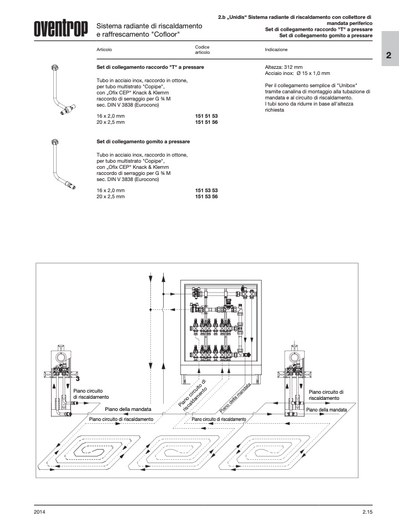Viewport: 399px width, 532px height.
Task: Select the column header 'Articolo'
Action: (x=104, y=49)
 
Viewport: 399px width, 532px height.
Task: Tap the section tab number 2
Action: (x=389, y=56)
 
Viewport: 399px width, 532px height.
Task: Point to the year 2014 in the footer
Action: (x=39, y=511)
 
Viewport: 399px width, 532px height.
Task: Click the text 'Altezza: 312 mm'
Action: (x=284, y=67)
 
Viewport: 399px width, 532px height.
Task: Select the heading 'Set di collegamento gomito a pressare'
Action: (x=143, y=142)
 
